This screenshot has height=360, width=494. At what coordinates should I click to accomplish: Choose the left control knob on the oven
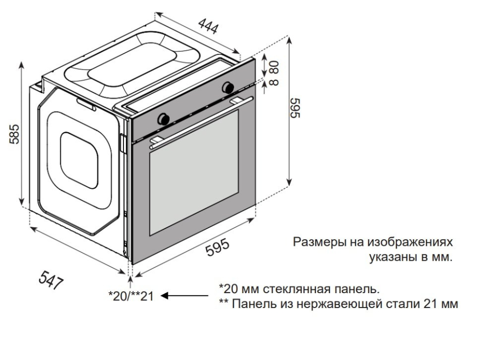(x=164, y=118)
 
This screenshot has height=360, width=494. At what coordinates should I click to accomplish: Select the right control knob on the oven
(x=226, y=88)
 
